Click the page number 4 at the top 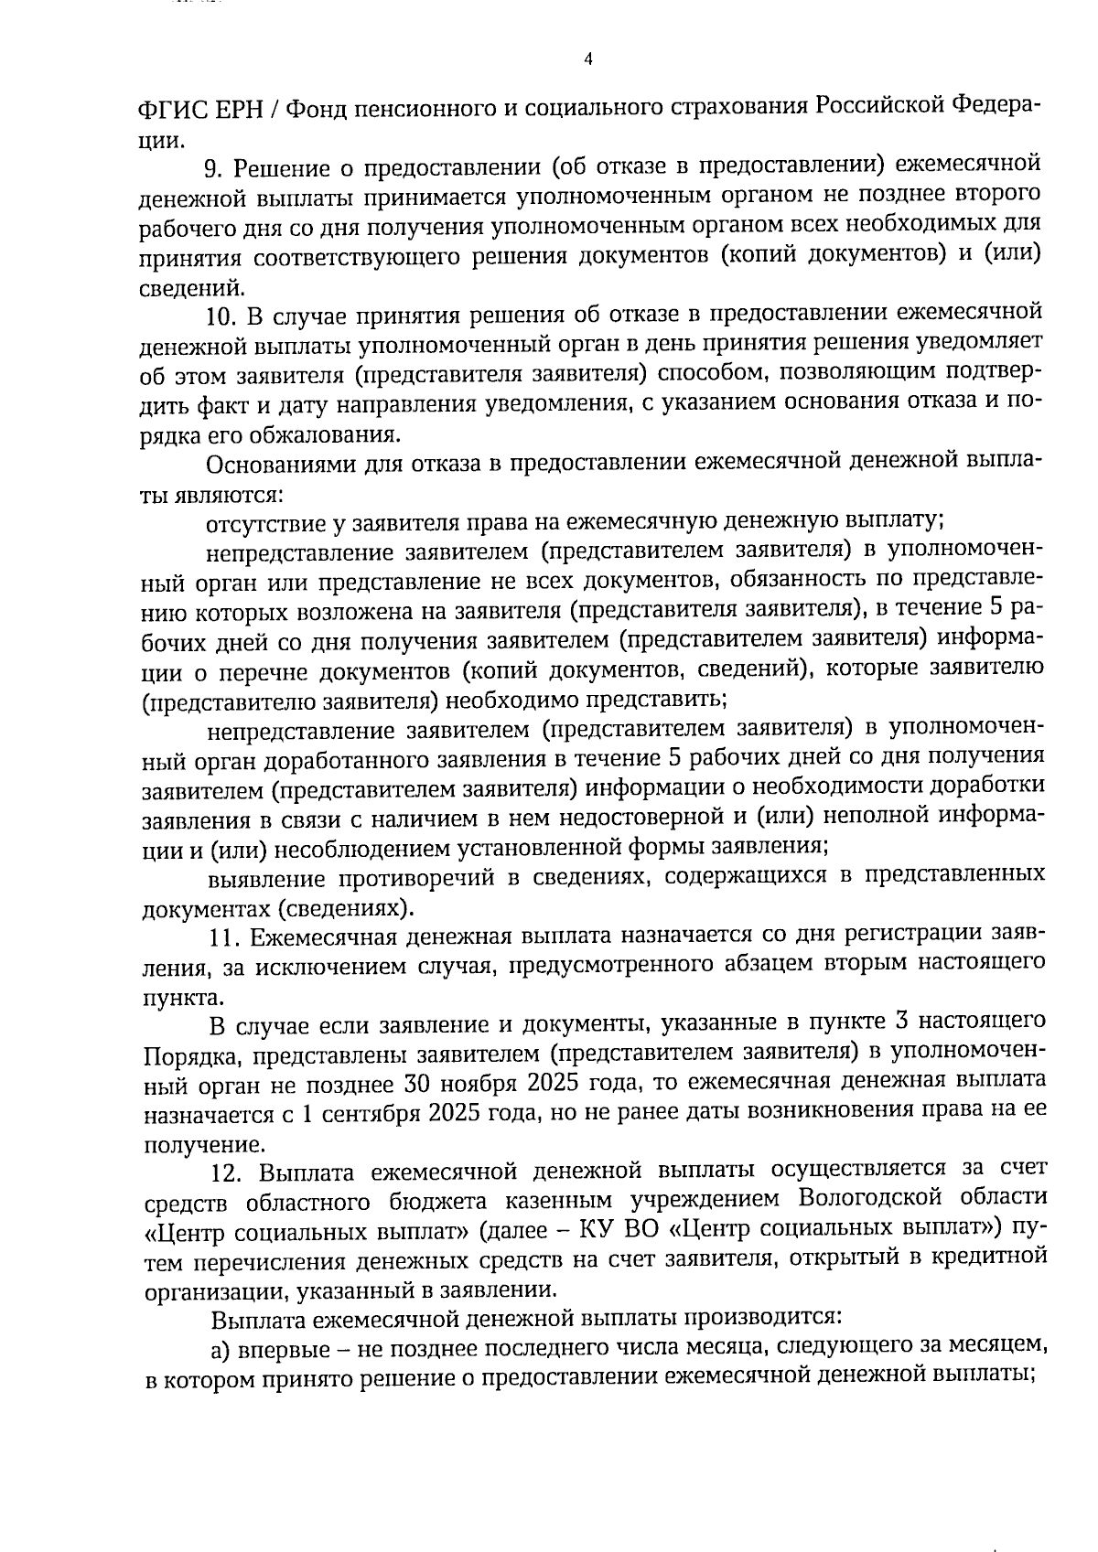coord(588,59)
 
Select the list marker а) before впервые coord(220,1348)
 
